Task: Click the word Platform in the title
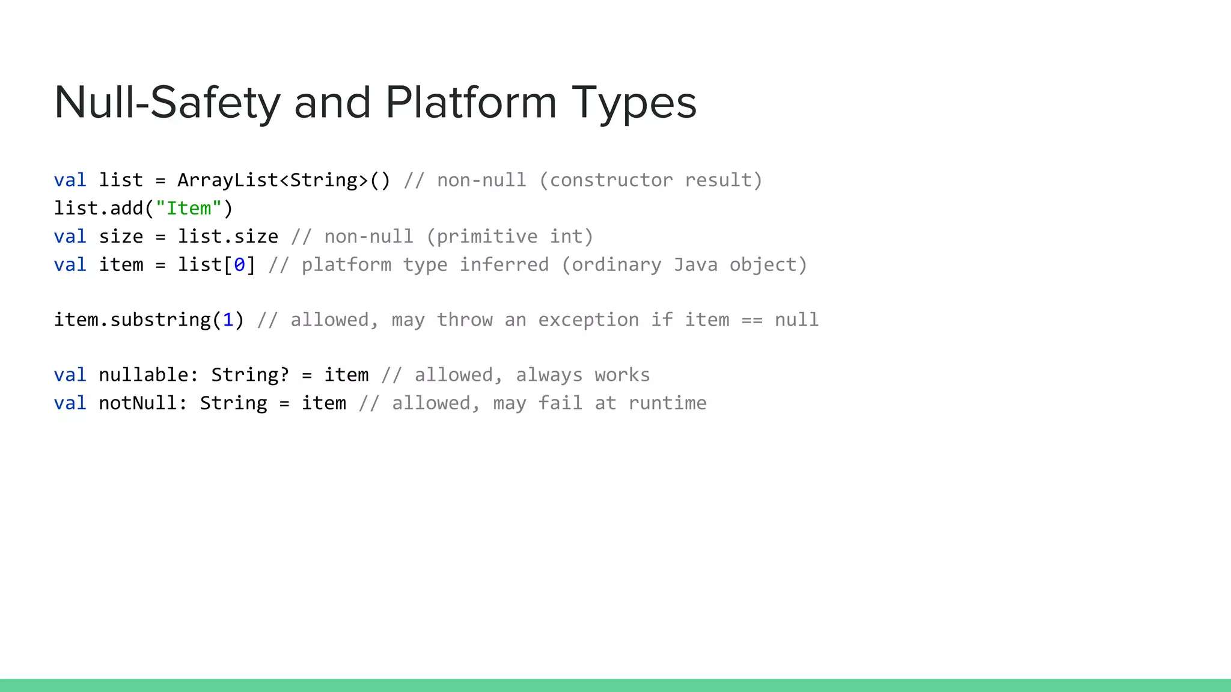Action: tap(471, 102)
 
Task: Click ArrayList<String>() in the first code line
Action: tap(284, 180)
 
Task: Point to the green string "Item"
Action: tap(189, 208)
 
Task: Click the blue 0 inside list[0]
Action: tap(239, 265)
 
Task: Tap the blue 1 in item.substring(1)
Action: tap(228, 320)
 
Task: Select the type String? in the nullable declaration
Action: tap(250, 375)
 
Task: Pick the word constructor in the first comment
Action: tap(611, 180)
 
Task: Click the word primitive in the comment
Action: tap(487, 237)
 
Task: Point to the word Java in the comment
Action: tap(695, 265)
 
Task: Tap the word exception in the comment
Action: tap(588, 320)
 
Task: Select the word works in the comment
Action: tap(622, 375)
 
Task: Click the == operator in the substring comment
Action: tap(751, 320)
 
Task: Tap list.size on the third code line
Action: tap(228, 237)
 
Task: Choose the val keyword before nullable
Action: tap(70, 375)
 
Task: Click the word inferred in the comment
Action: tap(504, 265)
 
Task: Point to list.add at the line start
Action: tap(99, 208)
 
